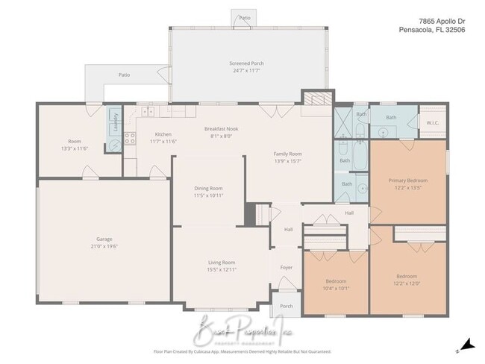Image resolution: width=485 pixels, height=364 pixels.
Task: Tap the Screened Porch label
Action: tap(246, 63)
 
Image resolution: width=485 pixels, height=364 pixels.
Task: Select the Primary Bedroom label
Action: tap(407, 181)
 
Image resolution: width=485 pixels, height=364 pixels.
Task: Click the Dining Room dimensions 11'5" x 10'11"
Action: tap(208, 195)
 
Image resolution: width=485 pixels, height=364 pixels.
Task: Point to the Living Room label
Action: tap(221, 262)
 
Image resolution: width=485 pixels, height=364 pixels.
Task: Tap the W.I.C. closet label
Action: tap(432, 122)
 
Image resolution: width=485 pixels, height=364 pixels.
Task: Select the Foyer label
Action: tap(287, 267)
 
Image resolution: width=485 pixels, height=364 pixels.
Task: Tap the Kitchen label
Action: tap(163, 134)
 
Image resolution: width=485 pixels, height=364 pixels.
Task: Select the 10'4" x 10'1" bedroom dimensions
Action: tap(336, 288)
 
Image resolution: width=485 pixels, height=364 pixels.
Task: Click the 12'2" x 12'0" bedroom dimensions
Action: tap(407, 283)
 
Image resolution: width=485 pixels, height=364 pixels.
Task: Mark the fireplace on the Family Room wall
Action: tap(313, 98)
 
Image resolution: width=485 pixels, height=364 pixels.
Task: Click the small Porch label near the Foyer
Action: tap(286, 306)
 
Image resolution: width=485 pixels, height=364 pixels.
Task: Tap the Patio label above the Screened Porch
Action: tap(245, 17)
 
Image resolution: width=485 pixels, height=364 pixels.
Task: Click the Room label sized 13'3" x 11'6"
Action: tap(75, 141)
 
